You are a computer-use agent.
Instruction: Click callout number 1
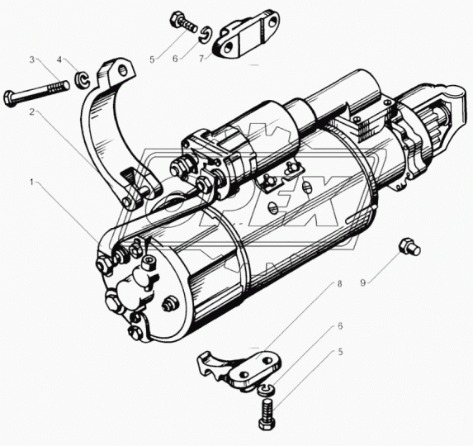click(31, 182)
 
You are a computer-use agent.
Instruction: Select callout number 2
click(32, 112)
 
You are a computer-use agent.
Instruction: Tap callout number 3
click(32, 59)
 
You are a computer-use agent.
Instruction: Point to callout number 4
click(59, 59)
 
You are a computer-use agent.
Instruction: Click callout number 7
click(201, 59)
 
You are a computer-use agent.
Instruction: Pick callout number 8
click(339, 283)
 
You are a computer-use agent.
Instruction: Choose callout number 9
click(363, 282)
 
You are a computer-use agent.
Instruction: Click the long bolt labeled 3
click(36, 92)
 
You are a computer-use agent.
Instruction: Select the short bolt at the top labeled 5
click(184, 22)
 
